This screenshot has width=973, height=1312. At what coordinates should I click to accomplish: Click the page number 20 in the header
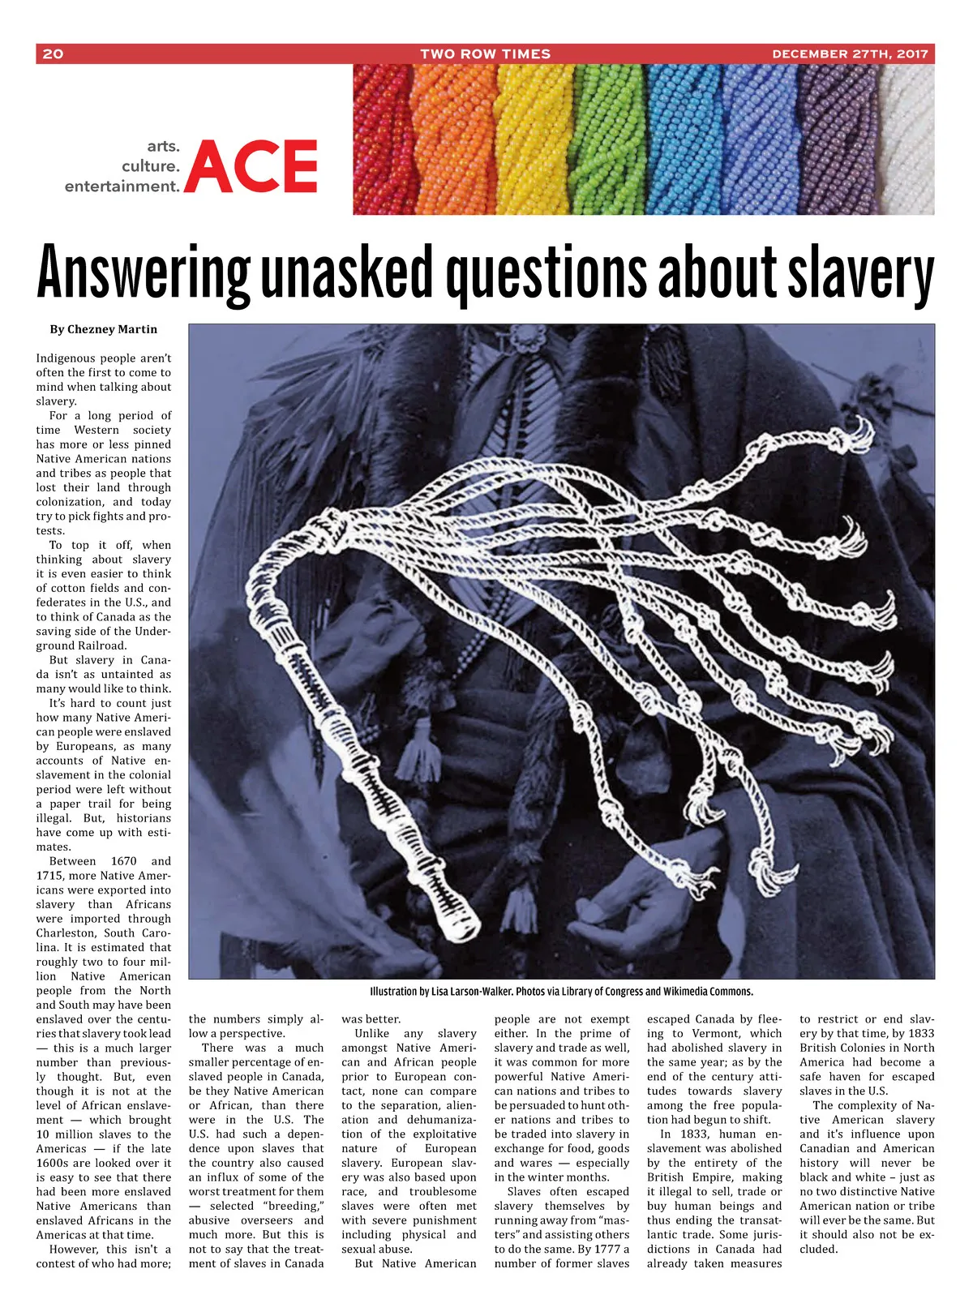pyautogui.click(x=53, y=54)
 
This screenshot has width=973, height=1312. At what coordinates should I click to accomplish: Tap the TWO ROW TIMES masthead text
pyautogui.click(x=485, y=54)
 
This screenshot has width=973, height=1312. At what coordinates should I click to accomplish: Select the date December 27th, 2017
pyautogui.click(x=850, y=54)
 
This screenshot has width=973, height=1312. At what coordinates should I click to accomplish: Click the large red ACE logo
pyautogui.click(x=252, y=166)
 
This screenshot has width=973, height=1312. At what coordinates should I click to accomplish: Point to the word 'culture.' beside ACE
pyautogui.click(x=150, y=166)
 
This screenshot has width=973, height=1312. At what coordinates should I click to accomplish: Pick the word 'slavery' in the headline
pyautogui.click(x=861, y=274)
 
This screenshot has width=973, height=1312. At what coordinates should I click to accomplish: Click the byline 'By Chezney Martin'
pyautogui.click(x=103, y=329)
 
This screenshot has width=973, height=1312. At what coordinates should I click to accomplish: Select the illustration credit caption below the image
pyautogui.click(x=561, y=991)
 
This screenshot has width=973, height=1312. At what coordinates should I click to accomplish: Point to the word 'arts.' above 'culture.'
pyautogui.click(x=163, y=147)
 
